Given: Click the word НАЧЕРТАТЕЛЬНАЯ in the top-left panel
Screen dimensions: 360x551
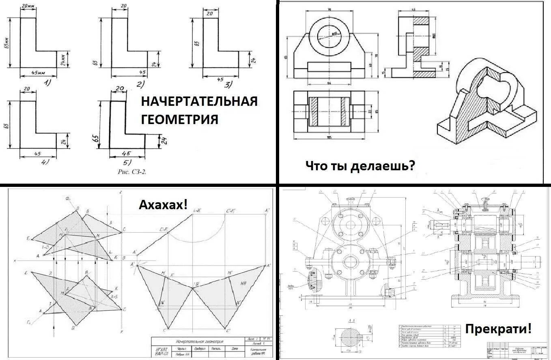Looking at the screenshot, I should [199, 101].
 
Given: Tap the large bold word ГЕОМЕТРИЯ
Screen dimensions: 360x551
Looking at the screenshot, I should [179, 119].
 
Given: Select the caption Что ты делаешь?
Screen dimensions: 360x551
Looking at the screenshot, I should [360, 166].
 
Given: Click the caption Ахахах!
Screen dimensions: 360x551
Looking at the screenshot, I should [164, 204].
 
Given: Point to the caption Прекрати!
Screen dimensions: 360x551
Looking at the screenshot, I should [498, 328].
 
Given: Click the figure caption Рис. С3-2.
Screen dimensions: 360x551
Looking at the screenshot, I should [131, 171].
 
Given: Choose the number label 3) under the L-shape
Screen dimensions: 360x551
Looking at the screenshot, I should [228, 84].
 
